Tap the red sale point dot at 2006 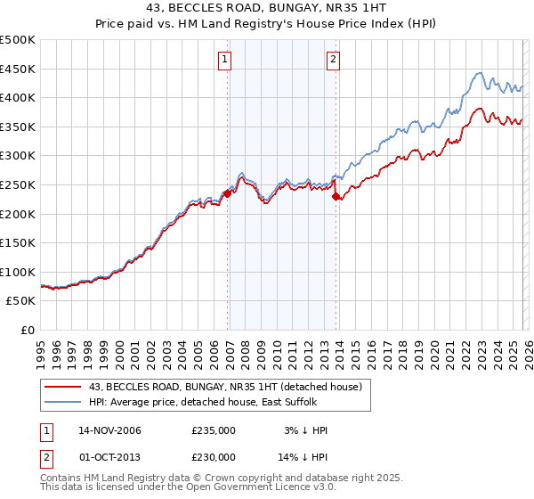[228, 192]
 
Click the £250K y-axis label [18, 184]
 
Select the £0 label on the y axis [27, 330]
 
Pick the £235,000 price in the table [213, 430]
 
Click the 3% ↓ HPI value [303, 430]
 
